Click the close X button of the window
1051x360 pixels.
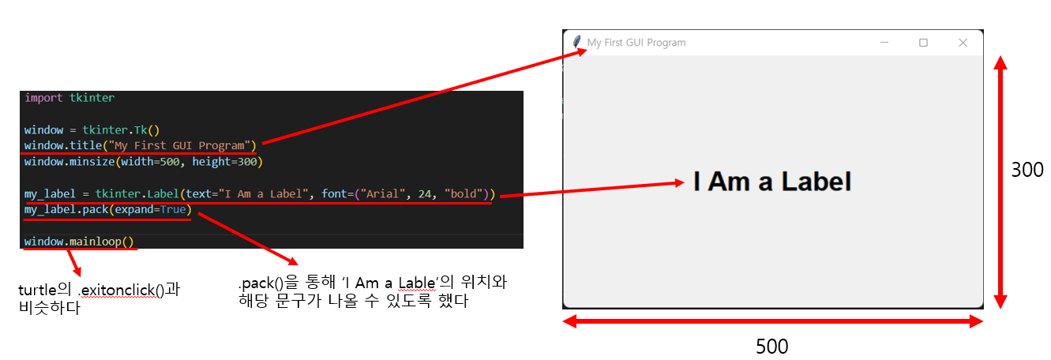963,43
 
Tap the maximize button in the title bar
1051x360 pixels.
923,43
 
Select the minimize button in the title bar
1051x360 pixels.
884,43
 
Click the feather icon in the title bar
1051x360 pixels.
576,42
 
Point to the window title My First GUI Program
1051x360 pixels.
636,43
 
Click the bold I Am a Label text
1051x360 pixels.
772,182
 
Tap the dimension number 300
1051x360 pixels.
1027,170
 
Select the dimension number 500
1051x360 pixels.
771,347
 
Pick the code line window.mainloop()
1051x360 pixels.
79,242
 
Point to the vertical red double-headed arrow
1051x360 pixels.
1000,182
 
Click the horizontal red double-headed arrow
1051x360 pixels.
772,321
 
